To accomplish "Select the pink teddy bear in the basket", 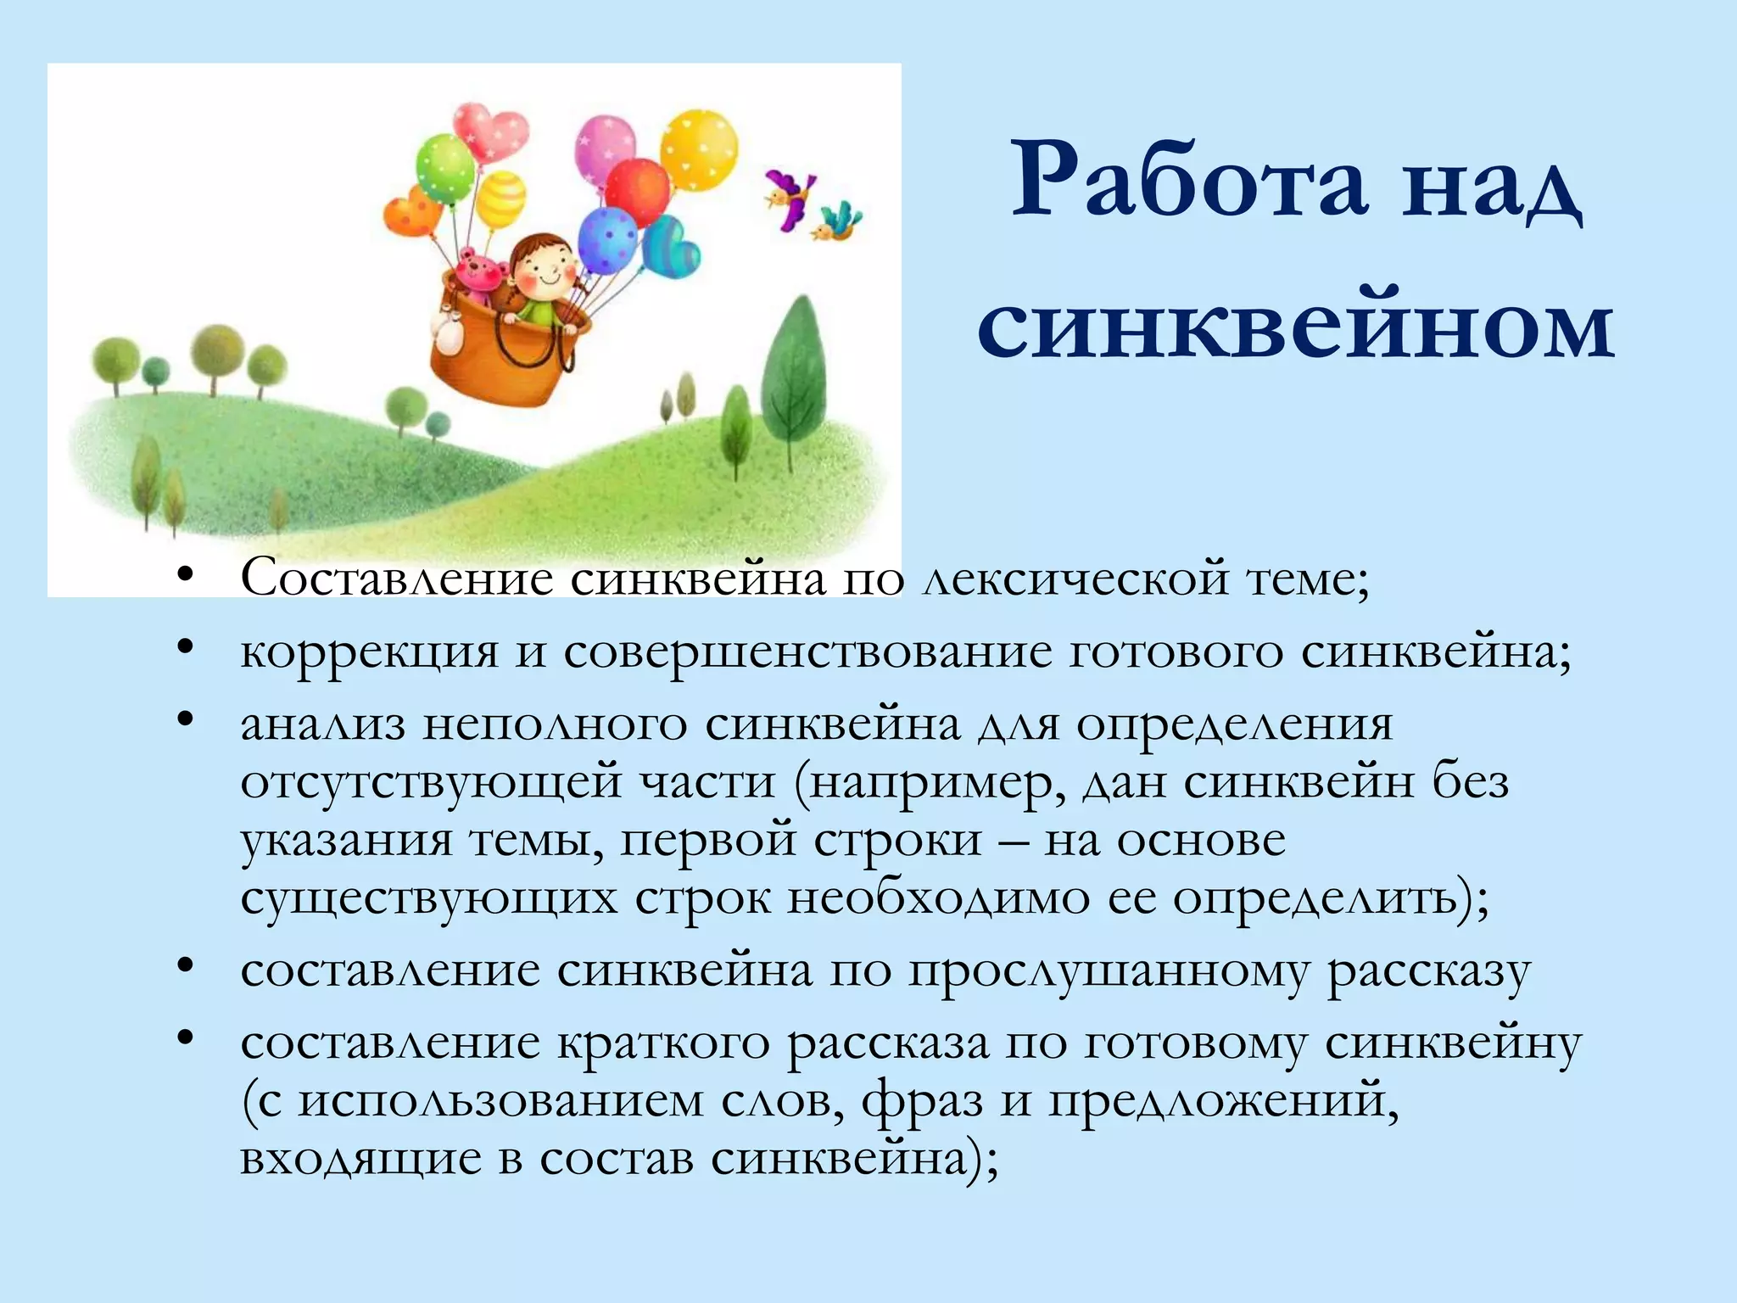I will coord(480,276).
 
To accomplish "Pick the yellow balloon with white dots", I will coord(699,149).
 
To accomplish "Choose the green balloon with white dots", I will coord(444,168).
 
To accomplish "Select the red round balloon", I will coord(638,193).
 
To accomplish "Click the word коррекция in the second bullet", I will coord(370,653).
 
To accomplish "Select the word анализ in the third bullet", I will coord(323,725).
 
